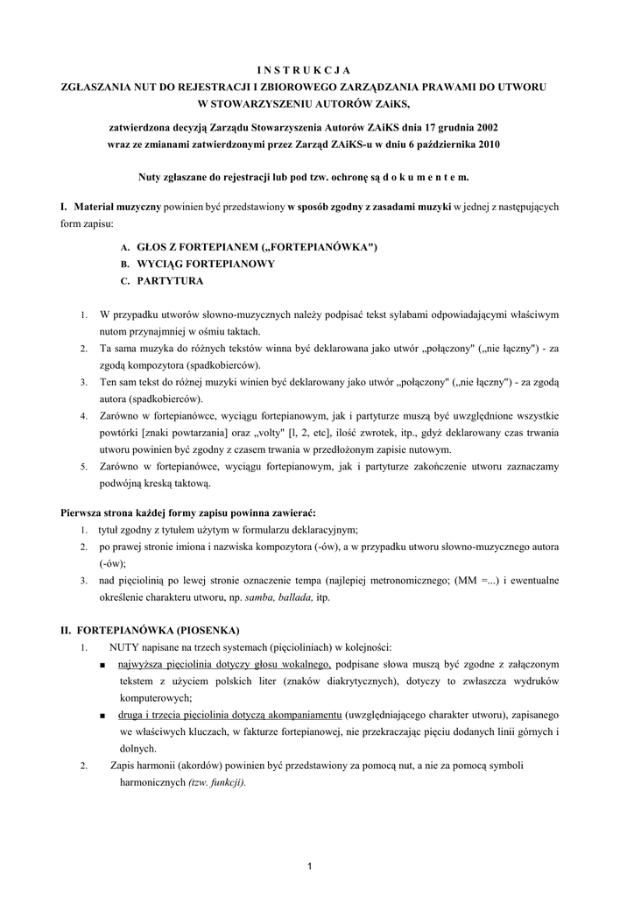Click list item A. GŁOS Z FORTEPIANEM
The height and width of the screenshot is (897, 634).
click(250, 248)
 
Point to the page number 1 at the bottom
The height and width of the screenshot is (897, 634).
click(310, 866)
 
